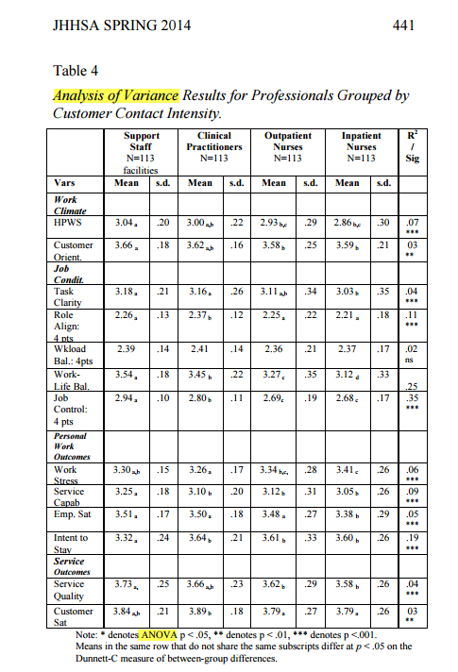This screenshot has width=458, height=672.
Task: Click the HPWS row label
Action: click(69, 227)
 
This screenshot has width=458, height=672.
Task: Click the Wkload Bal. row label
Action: click(73, 354)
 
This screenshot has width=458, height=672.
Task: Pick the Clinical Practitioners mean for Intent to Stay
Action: click(197, 538)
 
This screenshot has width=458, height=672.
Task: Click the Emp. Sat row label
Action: click(75, 514)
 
